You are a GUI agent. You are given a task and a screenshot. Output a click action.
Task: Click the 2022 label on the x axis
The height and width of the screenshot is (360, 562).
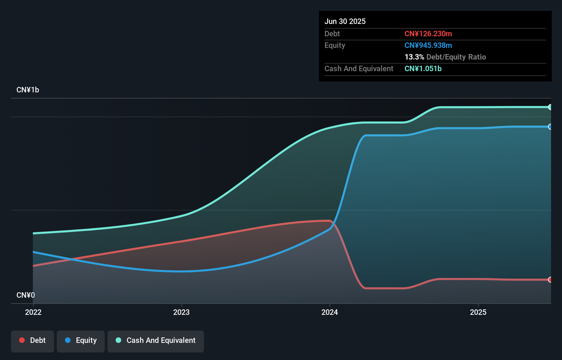pos(33,312)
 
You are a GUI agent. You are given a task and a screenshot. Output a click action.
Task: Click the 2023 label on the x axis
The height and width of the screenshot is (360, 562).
pos(181,312)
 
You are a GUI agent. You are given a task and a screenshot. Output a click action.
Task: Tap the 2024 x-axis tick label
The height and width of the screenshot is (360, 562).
pos(330,312)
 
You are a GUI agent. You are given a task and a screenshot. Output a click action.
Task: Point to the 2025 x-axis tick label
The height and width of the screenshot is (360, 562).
pos(478,312)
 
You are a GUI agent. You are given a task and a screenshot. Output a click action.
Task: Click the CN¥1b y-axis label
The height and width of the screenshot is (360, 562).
pos(28,90)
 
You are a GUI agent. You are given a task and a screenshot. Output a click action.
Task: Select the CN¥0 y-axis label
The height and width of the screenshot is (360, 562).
pos(26,295)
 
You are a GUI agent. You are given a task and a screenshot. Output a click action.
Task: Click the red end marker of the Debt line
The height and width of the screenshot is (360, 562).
pos(550,280)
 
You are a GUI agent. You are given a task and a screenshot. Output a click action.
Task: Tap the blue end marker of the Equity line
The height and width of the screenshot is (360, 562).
pos(550,127)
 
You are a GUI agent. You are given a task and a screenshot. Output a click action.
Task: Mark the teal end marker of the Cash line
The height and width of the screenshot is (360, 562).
pos(550,107)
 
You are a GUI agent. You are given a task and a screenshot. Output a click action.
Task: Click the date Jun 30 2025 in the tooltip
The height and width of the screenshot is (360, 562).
pos(345,21)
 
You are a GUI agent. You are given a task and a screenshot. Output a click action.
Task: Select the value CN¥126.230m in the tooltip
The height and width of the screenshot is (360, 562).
pos(428,34)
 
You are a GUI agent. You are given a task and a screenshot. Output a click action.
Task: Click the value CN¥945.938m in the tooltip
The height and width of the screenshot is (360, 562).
pos(428,45)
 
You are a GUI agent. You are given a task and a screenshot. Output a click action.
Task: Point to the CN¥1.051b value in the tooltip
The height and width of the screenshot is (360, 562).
pos(423,68)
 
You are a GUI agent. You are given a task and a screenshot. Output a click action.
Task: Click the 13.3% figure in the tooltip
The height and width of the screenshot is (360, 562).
pos(414,57)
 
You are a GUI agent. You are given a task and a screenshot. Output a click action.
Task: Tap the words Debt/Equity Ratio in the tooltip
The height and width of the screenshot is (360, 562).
pos(456,57)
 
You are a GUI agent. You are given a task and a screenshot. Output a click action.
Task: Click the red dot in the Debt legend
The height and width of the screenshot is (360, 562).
pos(22,340)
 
